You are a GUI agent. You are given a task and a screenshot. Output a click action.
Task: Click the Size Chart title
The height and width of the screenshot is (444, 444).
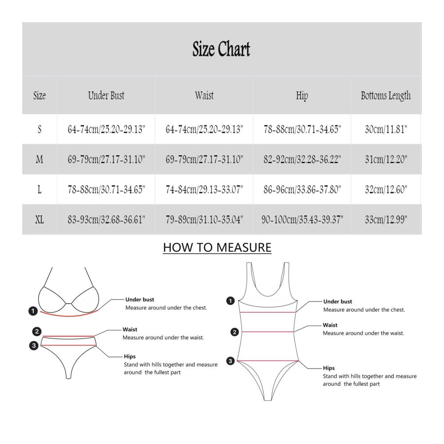221,49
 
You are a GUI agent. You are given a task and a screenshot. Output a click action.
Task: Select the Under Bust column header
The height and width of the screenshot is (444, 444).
106,95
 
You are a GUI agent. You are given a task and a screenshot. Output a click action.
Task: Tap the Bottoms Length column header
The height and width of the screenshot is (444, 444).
386,96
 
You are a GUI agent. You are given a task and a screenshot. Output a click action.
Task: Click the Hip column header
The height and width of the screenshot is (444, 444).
302,96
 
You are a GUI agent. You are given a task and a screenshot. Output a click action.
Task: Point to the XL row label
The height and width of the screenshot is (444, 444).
40,219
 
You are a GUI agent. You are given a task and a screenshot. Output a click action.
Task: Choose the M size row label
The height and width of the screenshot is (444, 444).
40,159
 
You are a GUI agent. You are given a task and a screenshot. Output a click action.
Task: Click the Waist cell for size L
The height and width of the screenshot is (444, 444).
204,190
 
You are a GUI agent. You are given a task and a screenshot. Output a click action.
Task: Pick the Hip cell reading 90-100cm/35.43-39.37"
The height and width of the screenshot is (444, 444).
302,219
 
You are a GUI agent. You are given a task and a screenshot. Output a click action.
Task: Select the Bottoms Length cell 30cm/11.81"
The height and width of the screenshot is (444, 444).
386,129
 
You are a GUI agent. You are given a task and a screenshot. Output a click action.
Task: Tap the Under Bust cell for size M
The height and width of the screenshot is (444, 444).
106,159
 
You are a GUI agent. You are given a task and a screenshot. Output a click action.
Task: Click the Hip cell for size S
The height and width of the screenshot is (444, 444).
302,129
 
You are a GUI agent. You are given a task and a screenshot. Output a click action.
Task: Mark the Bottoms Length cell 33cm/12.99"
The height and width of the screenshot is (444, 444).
386,219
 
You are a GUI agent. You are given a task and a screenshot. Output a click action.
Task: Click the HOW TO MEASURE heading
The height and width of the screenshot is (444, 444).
217,247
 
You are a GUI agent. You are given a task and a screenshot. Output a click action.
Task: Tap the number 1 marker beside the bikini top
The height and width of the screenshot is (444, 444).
33,311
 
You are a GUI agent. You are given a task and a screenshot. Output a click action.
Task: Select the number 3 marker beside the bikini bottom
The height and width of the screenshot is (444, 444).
34,345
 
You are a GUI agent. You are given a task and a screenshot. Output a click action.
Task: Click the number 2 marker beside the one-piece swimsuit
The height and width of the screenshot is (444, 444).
234,332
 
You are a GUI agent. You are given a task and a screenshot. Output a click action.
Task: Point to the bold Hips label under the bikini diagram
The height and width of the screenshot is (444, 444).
130,357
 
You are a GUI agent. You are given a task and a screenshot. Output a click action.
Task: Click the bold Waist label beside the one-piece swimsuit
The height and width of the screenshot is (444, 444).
330,325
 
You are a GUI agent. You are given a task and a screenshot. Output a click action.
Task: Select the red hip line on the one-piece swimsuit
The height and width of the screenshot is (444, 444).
268,361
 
